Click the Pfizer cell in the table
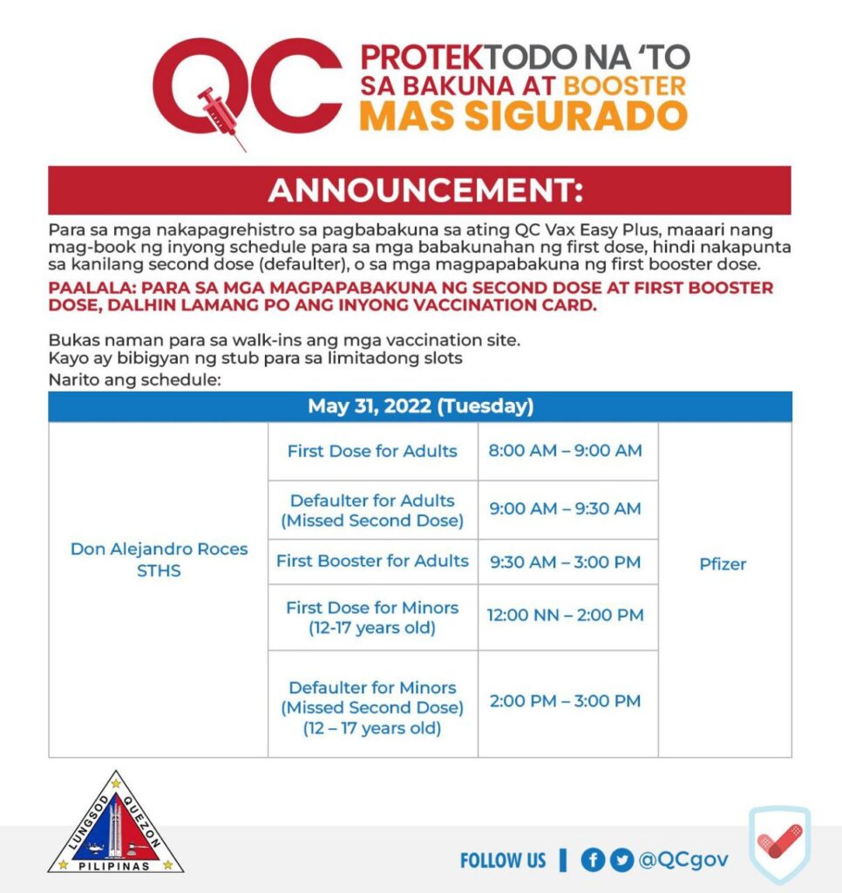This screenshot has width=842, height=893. (723, 564)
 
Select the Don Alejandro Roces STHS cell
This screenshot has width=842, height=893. (159, 559)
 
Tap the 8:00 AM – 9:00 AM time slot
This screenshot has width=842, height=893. (566, 451)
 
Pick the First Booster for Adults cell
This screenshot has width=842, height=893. (372, 561)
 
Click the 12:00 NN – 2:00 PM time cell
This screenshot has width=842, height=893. (566, 615)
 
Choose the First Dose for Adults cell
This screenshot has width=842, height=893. (372, 451)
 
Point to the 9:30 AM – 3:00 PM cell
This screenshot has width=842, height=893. (566, 561)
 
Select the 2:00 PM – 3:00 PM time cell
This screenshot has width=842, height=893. (566, 701)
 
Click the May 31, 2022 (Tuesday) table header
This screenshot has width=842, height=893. (420, 406)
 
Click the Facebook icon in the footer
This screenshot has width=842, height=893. (593, 860)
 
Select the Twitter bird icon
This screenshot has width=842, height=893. (621, 860)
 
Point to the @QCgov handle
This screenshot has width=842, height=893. (683, 860)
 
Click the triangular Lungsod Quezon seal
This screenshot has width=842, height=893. (115, 827)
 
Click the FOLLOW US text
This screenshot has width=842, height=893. (503, 861)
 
